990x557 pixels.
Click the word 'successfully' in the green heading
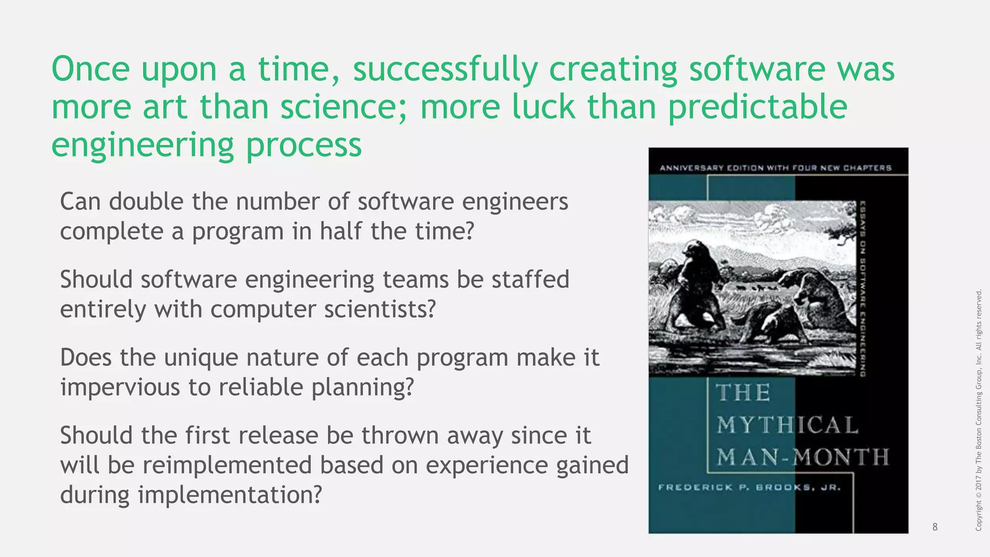tap(445, 69)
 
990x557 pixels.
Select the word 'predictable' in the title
tap(757, 107)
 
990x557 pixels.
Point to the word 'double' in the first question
tap(146, 202)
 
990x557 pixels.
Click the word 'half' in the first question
tap(340, 231)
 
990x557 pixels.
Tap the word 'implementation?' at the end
tap(230, 495)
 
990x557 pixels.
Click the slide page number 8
tap(935, 527)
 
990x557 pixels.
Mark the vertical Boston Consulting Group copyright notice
tap(979, 410)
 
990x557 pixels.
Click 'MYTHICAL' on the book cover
tap(787, 425)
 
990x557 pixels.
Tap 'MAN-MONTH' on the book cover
tap(802, 457)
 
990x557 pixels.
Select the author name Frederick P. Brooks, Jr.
tap(749, 487)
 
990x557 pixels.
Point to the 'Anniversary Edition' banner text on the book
tap(775, 168)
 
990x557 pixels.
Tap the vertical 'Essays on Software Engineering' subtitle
tap(862, 289)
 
